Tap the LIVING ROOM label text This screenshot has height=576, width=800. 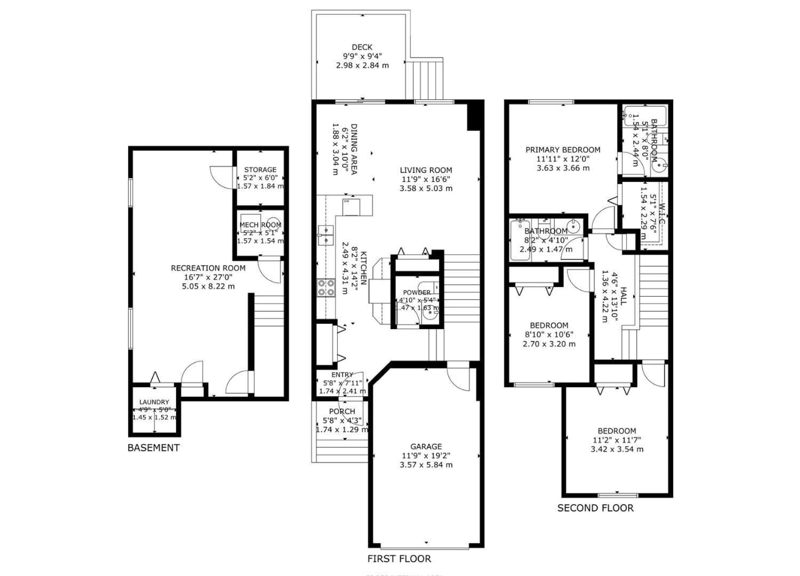pyautogui.click(x=426, y=170)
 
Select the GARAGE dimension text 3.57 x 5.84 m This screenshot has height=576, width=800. pyautogui.click(x=426, y=465)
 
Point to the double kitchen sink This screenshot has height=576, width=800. pyautogui.click(x=326, y=235)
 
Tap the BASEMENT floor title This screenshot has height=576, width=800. pyautogui.click(x=154, y=448)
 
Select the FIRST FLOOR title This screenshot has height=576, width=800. pyautogui.click(x=399, y=559)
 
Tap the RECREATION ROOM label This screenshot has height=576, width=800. pyautogui.click(x=208, y=268)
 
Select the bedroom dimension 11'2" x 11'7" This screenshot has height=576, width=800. pyautogui.click(x=617, y=440)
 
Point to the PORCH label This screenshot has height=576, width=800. pyautogui.click(x=342, y=411)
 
